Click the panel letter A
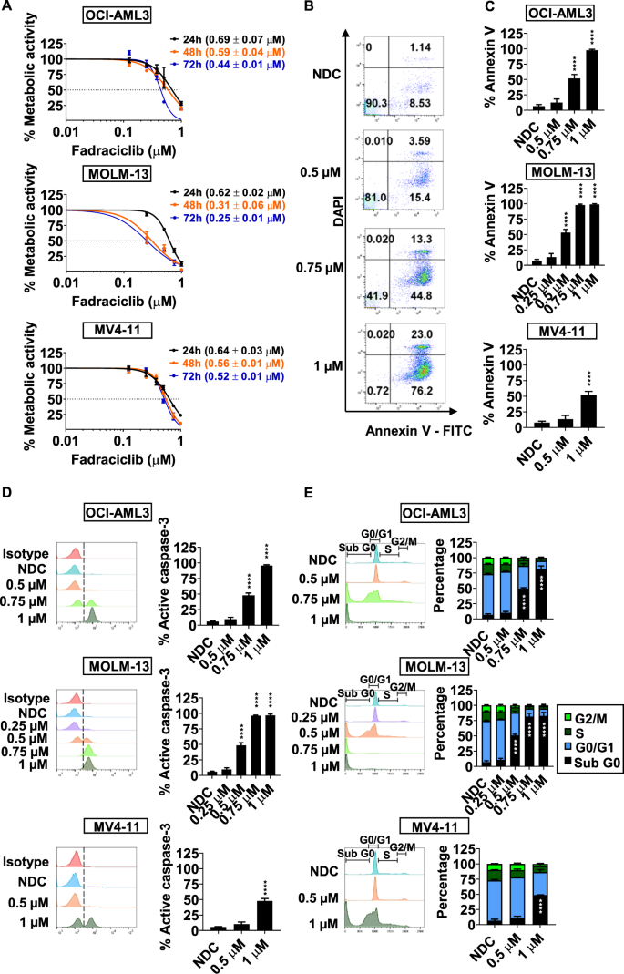click(x=8, y=10)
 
